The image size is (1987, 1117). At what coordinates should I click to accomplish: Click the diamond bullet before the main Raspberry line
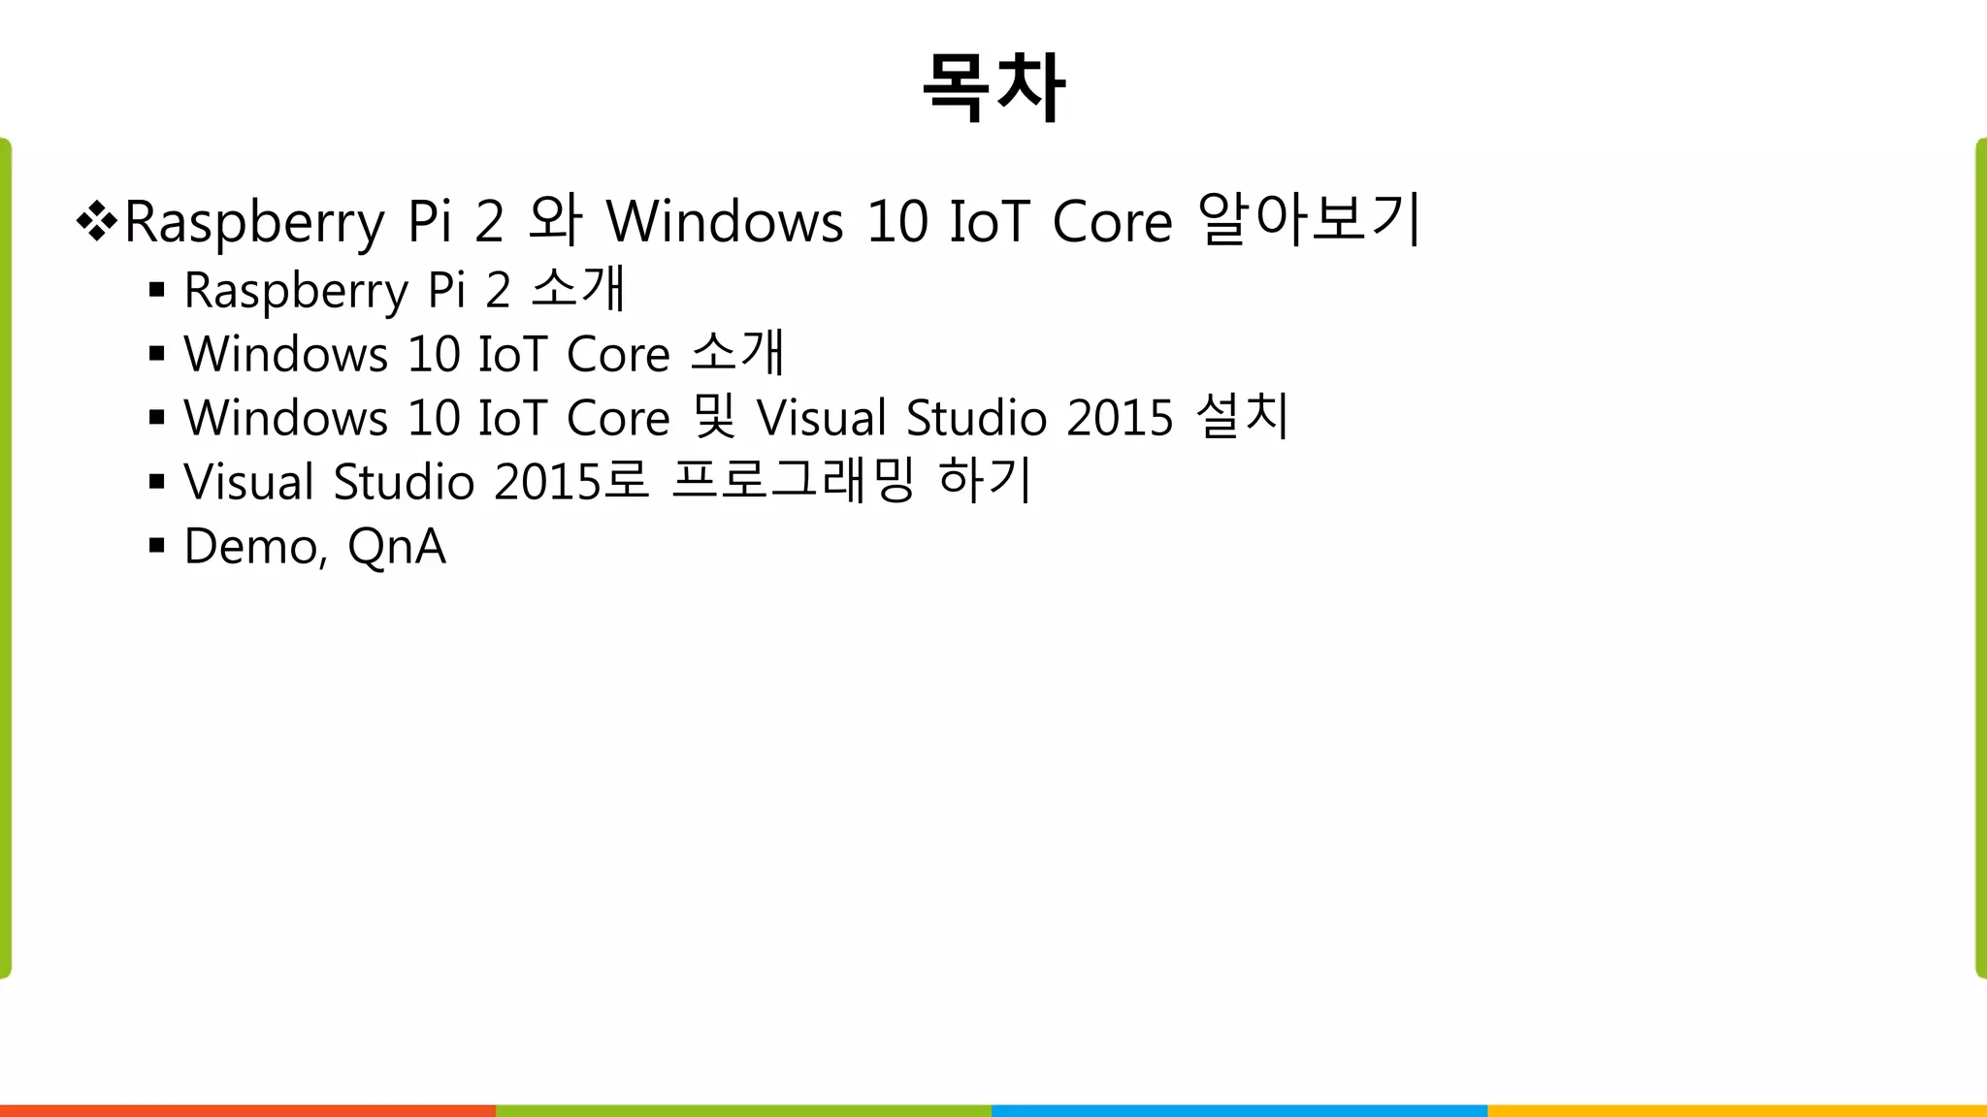(96, 221)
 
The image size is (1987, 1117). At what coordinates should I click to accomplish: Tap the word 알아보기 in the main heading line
(1310, 219)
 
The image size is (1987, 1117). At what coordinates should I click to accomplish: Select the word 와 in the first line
(555, 219)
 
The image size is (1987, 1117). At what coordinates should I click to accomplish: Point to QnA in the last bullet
(397, 547)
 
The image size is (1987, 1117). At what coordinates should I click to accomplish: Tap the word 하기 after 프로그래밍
(984, 481)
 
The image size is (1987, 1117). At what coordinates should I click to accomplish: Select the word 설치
(1242, 417)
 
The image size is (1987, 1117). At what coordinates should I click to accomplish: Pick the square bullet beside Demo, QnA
(157, 546)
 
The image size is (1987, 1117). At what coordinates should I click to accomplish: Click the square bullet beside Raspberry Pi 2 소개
(157, 290)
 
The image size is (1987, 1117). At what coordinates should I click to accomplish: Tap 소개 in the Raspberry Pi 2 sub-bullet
(578, 290)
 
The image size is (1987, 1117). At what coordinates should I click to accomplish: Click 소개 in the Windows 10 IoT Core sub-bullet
(736, 353)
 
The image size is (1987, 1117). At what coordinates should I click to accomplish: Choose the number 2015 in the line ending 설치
(1120, 418)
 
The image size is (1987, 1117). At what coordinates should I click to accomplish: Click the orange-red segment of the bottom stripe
(247, 1110)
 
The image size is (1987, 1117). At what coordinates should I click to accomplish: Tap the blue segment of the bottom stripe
(1239, 1110)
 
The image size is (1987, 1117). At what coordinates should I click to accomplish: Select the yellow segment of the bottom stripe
(1737, 1110)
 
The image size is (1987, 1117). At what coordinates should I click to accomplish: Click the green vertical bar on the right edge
(1980, 558)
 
